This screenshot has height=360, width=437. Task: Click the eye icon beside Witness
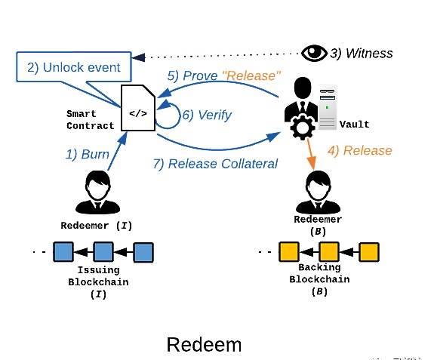point(314,53)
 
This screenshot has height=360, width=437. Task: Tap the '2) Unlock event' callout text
point(74,67)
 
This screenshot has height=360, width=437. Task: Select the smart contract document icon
point(138,108)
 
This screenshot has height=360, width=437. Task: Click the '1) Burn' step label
point(88,154)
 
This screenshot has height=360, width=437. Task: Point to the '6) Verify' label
point(207,115)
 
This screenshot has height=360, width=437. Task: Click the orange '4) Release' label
point(360,150)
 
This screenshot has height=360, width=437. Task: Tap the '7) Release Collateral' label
point(215,164)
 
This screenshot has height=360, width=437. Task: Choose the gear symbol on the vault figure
point(303,127)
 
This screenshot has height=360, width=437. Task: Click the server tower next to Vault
point(328,108)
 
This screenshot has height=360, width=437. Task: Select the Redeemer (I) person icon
point(98,192)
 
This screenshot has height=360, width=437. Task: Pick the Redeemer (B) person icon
point(318,192)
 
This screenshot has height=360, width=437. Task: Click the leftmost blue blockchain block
point(63,252)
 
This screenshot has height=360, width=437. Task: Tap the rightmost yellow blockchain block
point(369,252)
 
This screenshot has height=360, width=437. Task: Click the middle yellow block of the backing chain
point(329,252)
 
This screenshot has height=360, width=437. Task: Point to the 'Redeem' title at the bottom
point(204,345)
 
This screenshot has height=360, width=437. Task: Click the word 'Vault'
point(355,124)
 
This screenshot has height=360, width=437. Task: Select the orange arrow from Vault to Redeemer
point(311,154)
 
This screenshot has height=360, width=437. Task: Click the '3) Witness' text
point(362,54)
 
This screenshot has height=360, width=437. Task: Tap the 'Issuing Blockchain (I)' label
point(98,282)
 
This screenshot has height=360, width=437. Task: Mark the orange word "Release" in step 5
point(251,75)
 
